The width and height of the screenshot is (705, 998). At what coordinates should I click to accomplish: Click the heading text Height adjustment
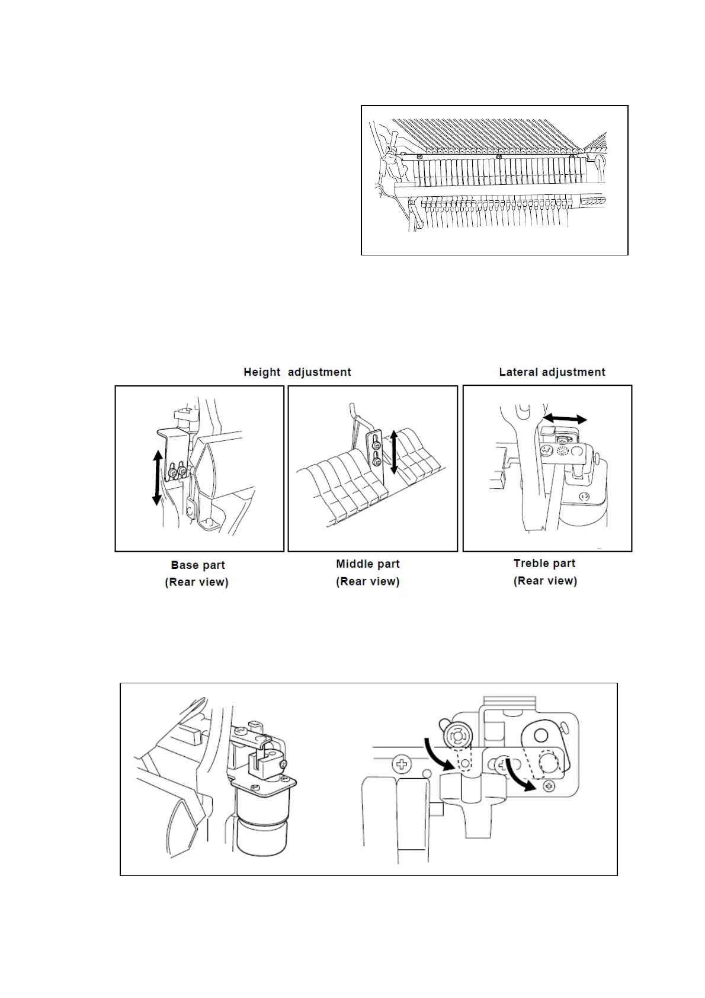(x=297, y=372)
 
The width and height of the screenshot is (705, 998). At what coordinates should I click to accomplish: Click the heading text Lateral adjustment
(x=552, y=372)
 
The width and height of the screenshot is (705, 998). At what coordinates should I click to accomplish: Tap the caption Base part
(x=198, y=565)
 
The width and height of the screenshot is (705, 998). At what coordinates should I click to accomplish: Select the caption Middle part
(x=368, y=564)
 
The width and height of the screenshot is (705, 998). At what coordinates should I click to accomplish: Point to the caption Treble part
(x=544, y=563)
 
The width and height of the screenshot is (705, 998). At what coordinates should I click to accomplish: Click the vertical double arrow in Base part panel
(x=158, y=477)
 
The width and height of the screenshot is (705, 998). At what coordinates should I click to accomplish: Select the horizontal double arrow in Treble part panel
(x=566, y=419)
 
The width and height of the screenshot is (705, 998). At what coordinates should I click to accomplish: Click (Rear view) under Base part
(x=197, y=582)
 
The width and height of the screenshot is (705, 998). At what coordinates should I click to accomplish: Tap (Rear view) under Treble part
(x=545, y=581)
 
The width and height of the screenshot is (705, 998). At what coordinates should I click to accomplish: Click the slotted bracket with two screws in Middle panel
(x=376, y=455)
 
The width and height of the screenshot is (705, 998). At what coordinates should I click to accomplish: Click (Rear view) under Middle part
(x=368, y=581)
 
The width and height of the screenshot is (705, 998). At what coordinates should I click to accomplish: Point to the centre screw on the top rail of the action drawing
(x=499, y=156)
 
